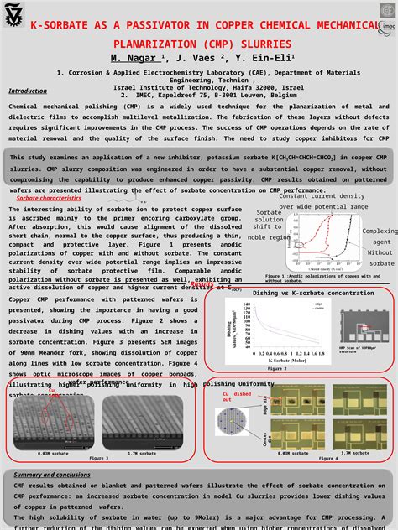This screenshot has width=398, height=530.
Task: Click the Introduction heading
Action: [28, 91]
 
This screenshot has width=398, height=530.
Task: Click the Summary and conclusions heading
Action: [52, 475]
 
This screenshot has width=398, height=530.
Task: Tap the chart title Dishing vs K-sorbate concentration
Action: [315, 293]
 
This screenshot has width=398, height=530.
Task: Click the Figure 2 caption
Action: [277, 368]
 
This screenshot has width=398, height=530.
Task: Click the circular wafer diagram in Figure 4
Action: [233, 420]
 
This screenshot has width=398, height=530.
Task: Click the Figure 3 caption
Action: [99, 458]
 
